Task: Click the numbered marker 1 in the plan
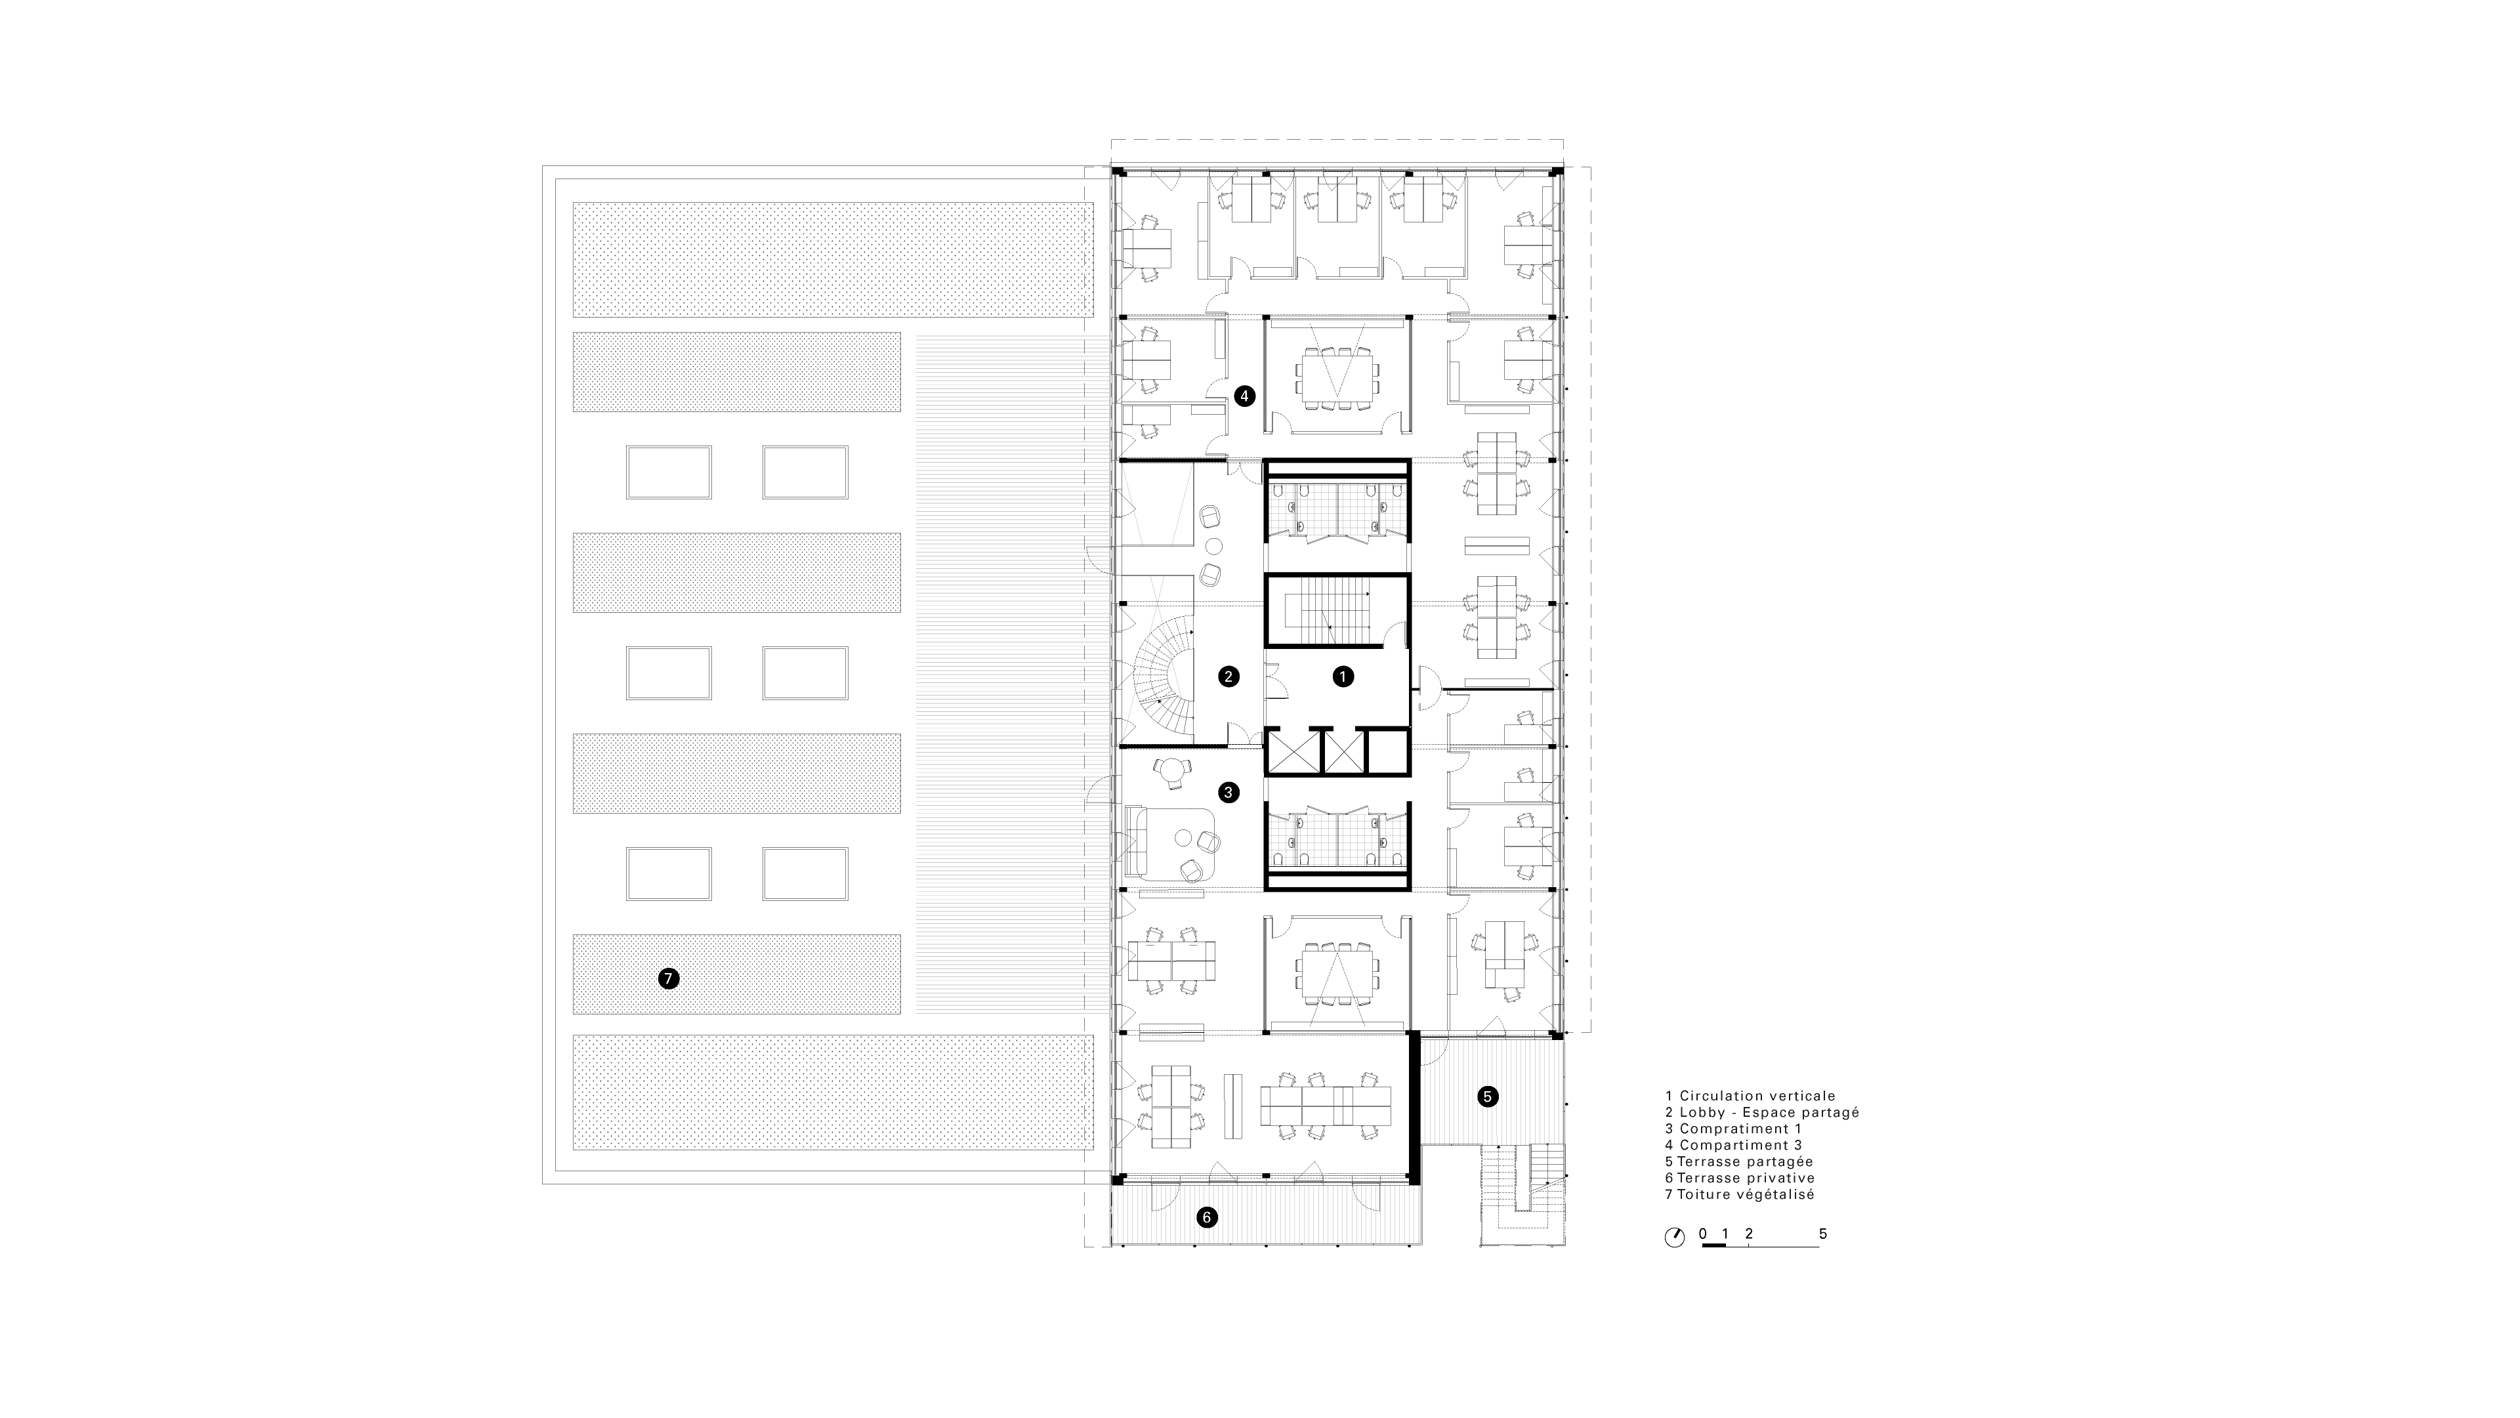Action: pos(1343,676)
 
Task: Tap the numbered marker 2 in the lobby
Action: pos(1228,676)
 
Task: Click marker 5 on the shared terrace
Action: pos(1487,1097)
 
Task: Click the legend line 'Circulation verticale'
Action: pos(1758,1096)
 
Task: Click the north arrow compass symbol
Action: pos(1675,1237)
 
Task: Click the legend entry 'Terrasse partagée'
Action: pos(1745,1162)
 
